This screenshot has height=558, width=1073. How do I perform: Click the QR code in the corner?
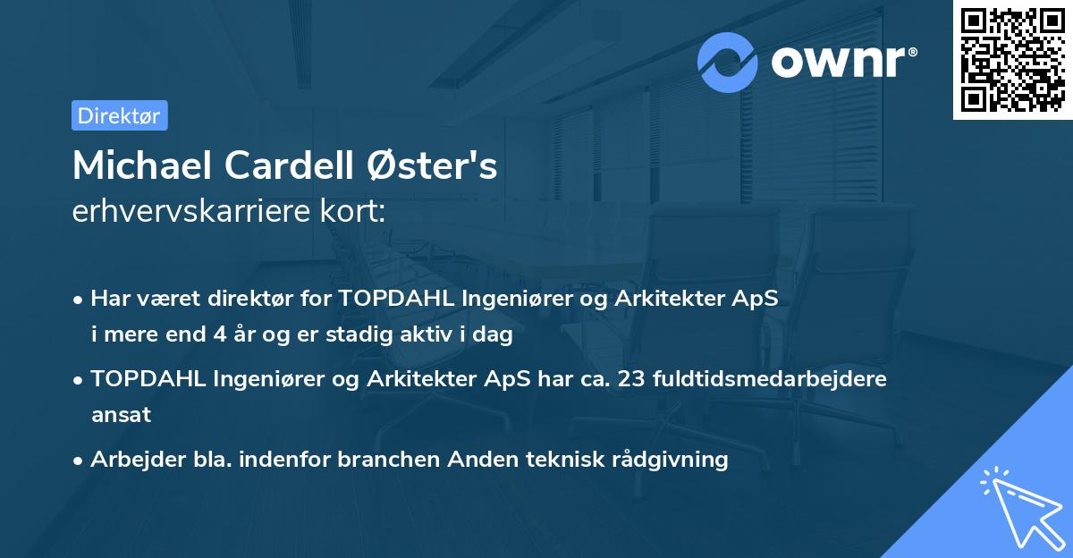click(1013, 60)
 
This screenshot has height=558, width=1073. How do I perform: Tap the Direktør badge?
click(119, 115)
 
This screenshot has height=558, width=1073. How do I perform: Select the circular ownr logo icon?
click(728, 62)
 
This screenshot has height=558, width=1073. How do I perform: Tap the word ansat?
click(121, 415)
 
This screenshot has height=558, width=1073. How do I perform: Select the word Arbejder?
click(132, 460)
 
